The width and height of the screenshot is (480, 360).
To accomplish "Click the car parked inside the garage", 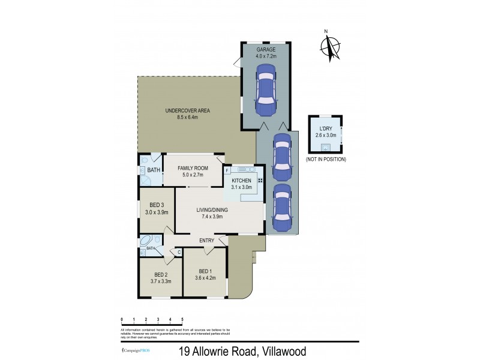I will (265, 94).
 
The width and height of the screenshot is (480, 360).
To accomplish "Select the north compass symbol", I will (330, 47).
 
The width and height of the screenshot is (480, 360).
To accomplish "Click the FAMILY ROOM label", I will (193, 168).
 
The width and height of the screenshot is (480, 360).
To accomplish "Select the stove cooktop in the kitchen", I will (260, 181).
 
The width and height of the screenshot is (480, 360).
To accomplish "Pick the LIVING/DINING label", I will (211, 210).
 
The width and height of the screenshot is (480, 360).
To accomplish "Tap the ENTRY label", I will (207, 241).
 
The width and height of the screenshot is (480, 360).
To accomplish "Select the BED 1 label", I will (205, 271).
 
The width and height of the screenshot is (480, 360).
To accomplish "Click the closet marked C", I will (179, 252).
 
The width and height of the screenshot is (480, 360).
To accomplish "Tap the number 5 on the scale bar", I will (182, 320).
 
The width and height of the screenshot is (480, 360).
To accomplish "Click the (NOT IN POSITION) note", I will (326, 160).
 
